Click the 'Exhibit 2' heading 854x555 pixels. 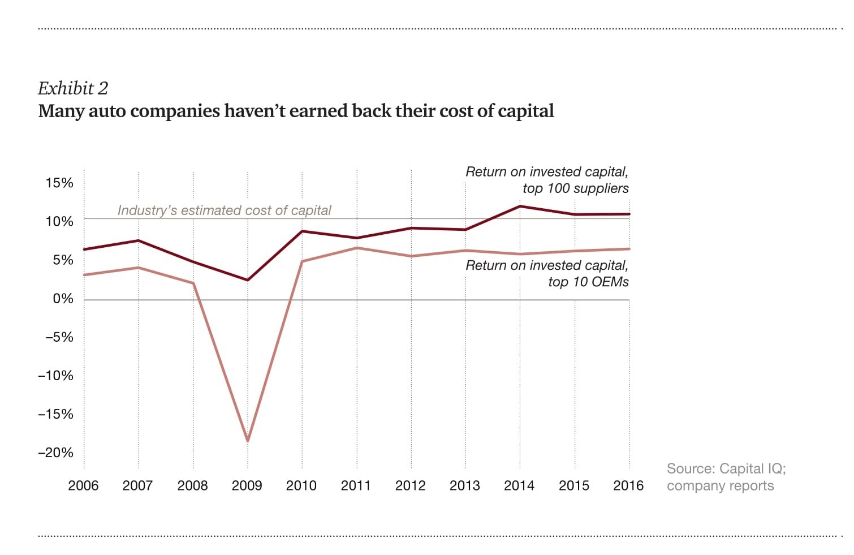tap(73, 88)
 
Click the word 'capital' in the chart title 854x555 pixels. tap(526, 111)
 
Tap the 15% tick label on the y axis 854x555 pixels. tap(59, 183)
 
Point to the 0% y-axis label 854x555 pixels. tap(63, 299)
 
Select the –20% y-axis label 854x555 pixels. tap(55, 453)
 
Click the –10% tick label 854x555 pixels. tap(55, 376)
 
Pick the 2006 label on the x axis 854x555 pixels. tap(83, 485)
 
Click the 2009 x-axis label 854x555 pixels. tap(247, 485)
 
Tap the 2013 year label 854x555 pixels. tap(464, 485)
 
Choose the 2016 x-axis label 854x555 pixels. tap(628, 485)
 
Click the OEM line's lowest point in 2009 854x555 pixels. tap(248, 440)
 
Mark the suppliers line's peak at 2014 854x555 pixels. tap(520, 206)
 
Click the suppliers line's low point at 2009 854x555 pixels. tap(248, 279)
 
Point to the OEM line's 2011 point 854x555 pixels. tap(357, 248)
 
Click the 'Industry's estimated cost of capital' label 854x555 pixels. tap(224, 210)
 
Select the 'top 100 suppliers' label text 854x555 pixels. tap(575, 188)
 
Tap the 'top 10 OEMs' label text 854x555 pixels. tap(588, 282)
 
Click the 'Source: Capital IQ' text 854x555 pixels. tap(726, 468)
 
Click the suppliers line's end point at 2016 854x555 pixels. tap(629, 214)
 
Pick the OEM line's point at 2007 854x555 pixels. tap(139, 268)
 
